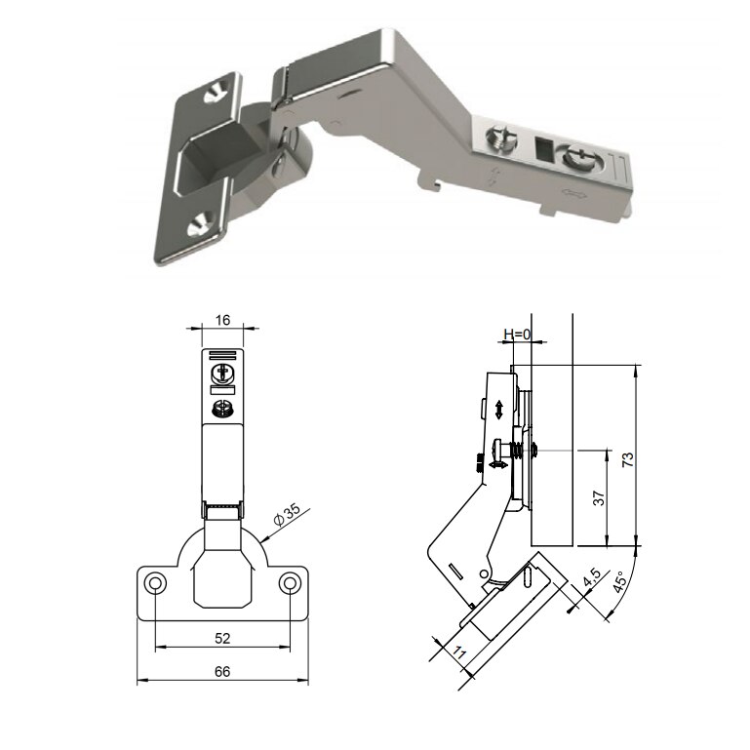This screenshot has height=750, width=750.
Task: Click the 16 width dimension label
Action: (222, 320)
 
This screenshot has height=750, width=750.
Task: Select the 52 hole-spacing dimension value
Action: (222, 638)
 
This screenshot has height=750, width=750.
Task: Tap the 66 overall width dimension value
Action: (222, 672)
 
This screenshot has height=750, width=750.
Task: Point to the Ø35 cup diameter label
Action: (287, 513)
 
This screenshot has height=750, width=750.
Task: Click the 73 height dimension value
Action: (628, 459)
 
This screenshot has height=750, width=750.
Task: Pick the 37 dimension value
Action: (599, 498)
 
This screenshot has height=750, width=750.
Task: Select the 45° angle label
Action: (620, 581)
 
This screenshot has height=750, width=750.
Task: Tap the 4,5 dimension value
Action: (592, 577)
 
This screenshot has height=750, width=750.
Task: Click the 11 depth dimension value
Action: (458, 652)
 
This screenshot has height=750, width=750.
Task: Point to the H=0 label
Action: (517, 335)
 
